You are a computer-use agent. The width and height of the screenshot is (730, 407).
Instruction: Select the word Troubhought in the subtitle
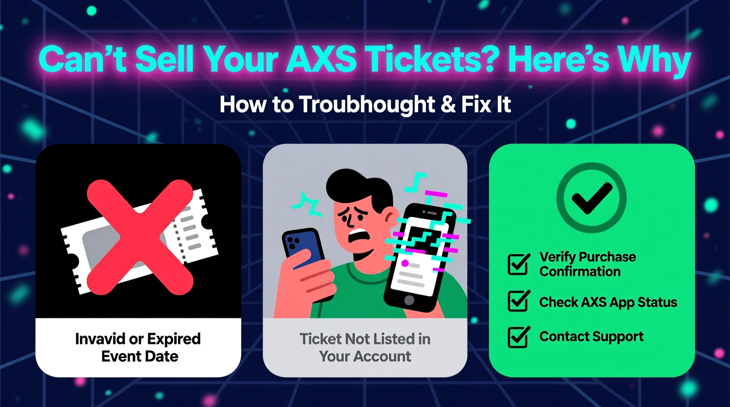(x=367, y=104)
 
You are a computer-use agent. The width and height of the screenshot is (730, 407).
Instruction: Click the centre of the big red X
(x=140, y=237)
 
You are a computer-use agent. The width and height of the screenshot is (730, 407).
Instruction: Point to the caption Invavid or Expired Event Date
(x=138, y=347)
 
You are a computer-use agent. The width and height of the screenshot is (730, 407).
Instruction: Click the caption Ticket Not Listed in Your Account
(x=365, y=347)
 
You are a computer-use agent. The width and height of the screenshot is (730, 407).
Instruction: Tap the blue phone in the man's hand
(x=303, y=250)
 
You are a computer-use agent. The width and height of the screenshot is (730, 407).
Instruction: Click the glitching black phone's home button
(x=409, y=300)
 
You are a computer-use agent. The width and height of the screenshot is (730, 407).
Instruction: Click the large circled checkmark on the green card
(x=591, y=197)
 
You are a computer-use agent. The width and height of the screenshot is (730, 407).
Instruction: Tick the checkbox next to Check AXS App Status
(x=519, y=301)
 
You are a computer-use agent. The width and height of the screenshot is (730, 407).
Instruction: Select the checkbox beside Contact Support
(x=519, y=337)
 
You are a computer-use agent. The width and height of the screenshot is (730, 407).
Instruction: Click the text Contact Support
(x=591, y=336)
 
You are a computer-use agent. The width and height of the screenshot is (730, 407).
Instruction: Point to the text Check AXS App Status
(x=608, y=302)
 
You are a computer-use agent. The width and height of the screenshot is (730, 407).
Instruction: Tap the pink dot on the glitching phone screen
(x=405, y=263)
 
